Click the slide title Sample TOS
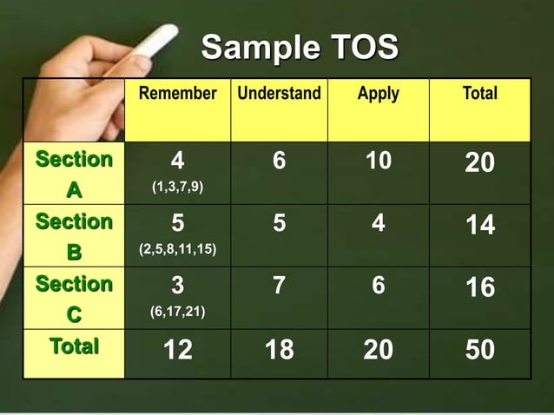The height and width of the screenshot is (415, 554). coord(300,48)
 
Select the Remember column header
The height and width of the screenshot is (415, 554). coord(178,94)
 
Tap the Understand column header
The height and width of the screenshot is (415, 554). coord(279,94)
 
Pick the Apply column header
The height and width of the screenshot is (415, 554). coord(378,94)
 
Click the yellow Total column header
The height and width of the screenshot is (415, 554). coord(480,94)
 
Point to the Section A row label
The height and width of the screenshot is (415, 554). coord(74,174)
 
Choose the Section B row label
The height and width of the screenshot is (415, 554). coord(74,236)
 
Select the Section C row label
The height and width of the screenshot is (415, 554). coord(74,298)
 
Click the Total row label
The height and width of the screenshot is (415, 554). coord(74,347)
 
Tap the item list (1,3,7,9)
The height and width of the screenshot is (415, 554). coord(178,188)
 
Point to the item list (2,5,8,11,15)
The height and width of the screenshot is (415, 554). coord(178,250)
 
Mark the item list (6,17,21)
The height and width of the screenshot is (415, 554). coord(178,312)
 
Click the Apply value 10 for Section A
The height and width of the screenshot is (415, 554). coord(378,161)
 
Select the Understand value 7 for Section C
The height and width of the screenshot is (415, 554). coord(278,286)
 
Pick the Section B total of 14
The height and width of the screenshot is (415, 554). coord(480,226)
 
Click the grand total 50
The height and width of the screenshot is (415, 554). coord(480,350)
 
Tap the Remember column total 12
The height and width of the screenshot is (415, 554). coord(178,350)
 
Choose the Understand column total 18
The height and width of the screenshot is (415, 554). coord(278,350)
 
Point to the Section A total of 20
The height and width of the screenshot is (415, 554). coord(480,163)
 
